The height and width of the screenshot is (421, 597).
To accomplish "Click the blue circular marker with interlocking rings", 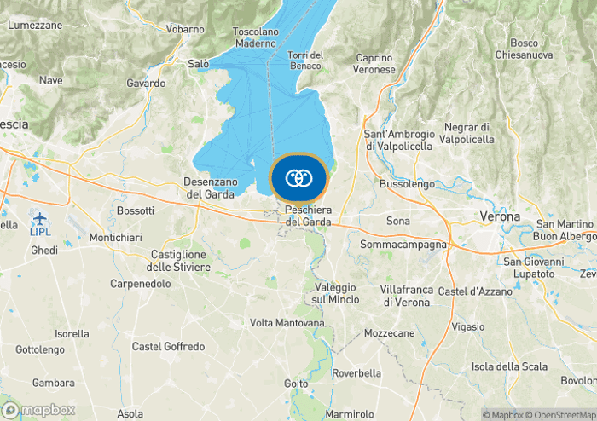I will pyautogui.click(x=298, y=178).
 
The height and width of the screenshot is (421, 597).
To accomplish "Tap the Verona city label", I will pyautogui.click(x=500, y=216).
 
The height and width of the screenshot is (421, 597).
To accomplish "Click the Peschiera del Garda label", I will pyautogui.click(x=307, y=216).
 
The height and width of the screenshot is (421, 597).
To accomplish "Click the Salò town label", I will pyautogui.click(x=198, y=63).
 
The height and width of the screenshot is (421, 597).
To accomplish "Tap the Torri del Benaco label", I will pyautogui.click(x=305, y=61).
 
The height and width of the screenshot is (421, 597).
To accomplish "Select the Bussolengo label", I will pyautogui.click(x=407, y=183).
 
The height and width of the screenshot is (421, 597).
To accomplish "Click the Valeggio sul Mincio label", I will pyautogui.click(x=328, y=292).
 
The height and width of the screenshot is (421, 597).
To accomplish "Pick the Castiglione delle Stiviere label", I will pyautogui.click(x=179, y=261).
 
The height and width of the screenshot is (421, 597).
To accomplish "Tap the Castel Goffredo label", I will pyautogui.click(x=168, y=347).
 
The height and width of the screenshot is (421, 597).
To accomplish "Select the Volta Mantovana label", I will pyautogui.click(x=287, y=323).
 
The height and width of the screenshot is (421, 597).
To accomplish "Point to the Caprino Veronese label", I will pyautogui.click(x=375, y=63).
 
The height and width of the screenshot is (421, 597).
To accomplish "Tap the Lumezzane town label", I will pyautogui.click(x=35, y=26).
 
